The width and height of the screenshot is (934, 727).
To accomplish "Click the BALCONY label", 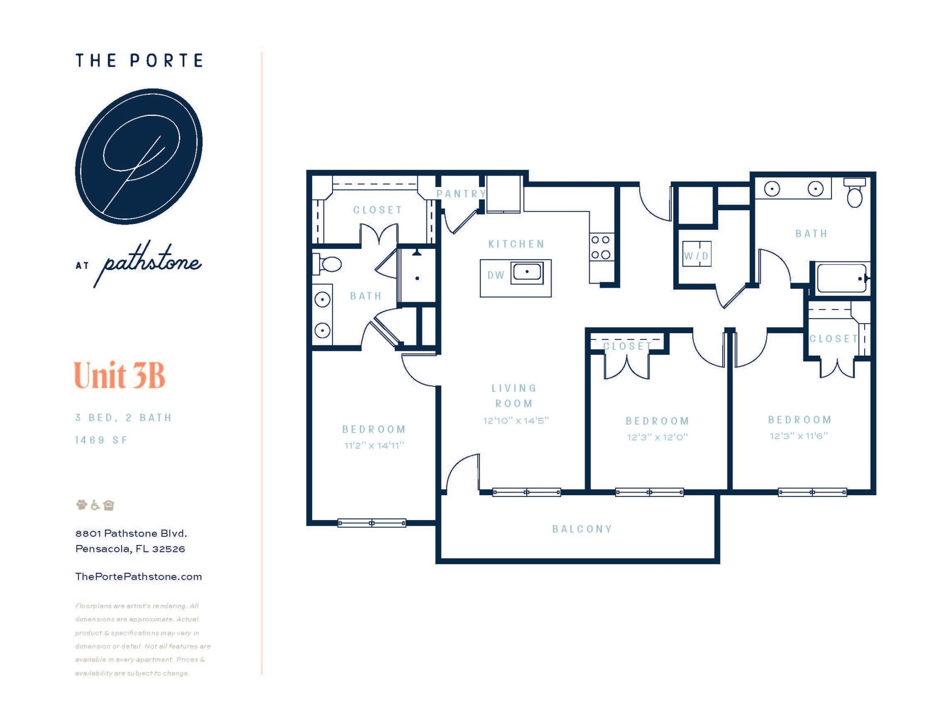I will click(x=582, y=529).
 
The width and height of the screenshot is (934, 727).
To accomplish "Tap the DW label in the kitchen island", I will click(x=496, y=275).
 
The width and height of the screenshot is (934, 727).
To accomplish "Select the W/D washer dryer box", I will click(x=696, y=255).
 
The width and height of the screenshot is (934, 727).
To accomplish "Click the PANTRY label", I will click(x=461, y=194).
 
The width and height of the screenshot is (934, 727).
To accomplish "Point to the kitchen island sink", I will click(x=527, y=272).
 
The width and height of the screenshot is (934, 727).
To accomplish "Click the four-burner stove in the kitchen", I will click(x=601, y=247).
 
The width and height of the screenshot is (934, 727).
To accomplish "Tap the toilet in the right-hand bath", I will click(x=855, y=194).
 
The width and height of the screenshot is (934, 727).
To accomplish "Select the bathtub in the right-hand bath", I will click(x=841, y=278).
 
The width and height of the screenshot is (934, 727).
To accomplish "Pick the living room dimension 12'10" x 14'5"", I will click(x=516, y=420).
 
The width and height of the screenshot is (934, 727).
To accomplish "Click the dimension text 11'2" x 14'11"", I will click(x=374, y=445).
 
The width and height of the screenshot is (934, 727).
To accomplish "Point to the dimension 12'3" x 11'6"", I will click(x=799, y=436).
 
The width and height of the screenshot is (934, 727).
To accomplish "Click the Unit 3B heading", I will click(x=119, y=375).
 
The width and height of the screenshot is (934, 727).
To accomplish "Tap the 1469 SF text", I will click(x=101, y=440).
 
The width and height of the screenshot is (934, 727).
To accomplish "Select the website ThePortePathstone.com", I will click(x=138, y=576).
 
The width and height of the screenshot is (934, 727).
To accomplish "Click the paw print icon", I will click(x=81, y=505).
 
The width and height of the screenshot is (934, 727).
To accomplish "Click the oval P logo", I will click(x=139, y=156).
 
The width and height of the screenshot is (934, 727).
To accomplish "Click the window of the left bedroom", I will click(x=372, y=523).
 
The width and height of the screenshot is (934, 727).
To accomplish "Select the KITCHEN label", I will click(x=516, y=244).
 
